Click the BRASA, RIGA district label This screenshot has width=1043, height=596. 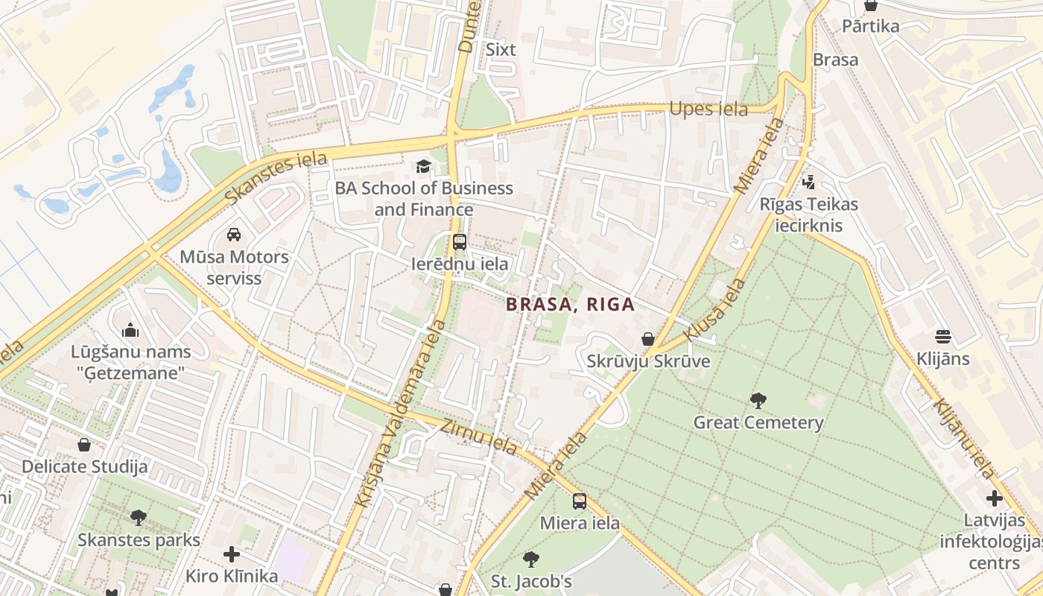point(570,304)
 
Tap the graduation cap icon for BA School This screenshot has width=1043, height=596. point(423,165)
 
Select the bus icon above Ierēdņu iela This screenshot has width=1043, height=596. point(460,241)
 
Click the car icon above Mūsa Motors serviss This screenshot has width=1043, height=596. point(234,235)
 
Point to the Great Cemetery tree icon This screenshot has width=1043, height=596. point(758,401)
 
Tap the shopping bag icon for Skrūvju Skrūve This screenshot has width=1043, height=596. point(648,339)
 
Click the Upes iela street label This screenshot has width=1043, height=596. point(708,109)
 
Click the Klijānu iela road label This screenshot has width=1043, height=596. point(964,439)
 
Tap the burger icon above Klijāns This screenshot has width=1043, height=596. point(943,337)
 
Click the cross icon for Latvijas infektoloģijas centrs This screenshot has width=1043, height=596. point(995,498)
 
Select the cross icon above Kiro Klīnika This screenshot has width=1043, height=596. point(232,554)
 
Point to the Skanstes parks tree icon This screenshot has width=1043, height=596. point(139,517)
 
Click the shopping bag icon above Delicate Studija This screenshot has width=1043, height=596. point(84,445)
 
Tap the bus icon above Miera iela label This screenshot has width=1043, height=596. point(580,501)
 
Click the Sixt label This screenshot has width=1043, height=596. point(501,50)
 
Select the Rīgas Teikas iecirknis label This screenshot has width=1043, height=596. point(809,215)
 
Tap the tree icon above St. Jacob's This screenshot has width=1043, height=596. point(531,559)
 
